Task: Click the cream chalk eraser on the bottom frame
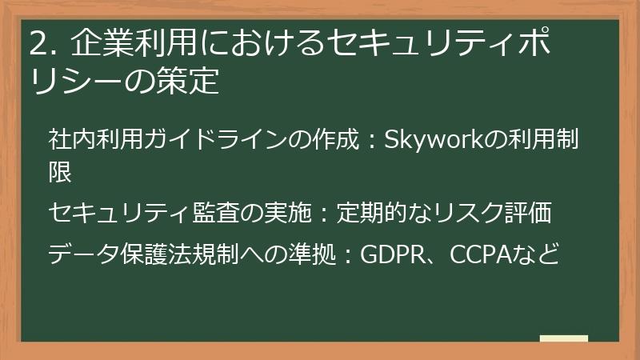coord(564,339)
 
